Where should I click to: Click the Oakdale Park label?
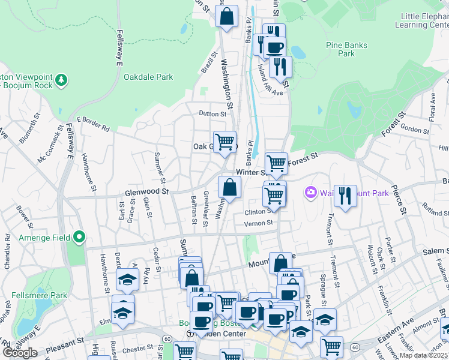(148, 77)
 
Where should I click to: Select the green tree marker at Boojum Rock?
(61, 80)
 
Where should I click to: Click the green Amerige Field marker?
(79, 238)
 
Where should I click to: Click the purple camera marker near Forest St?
(310, 193)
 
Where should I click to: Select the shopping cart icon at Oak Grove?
(225, 142)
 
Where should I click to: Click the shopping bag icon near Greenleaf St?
(229, 188)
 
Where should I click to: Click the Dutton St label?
(213, 113)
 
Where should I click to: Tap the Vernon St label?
(259, 223)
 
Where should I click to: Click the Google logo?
(20, 353)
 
